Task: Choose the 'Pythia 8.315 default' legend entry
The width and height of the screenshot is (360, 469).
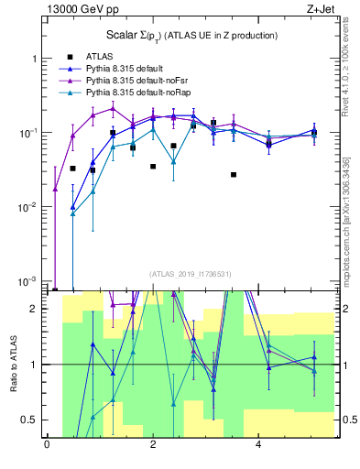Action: click(x=127, y=69)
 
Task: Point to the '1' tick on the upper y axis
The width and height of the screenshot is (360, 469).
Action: click(x=34, y=59)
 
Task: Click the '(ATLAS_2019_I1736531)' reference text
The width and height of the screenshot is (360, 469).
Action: click(x=190, y=274)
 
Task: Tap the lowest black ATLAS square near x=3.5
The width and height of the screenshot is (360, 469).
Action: click(x=234, y=174)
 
